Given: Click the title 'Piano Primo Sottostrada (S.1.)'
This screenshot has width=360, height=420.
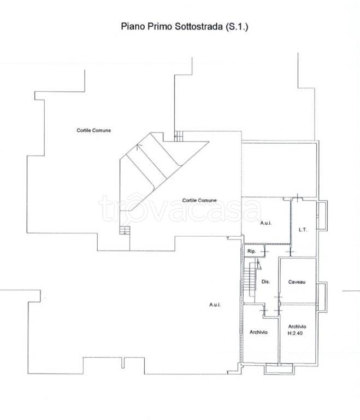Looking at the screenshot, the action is pyautogui.click(x=185, y=26).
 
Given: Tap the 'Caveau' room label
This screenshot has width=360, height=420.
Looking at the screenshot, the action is pyautogui.click(x=297, y=282).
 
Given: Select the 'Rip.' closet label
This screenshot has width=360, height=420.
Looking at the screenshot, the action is pyautogui.click(x=252, y=251).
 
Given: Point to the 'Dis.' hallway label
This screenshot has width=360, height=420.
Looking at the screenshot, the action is pyautogui.click(x=265, y=282).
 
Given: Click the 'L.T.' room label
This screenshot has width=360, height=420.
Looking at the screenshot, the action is pyautogui.click(x=303, y=230).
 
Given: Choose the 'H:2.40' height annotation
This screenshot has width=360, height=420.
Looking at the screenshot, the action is pyautogui.click(x=295, y=333).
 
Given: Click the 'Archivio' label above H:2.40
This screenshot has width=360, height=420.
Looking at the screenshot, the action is pyautogui.click(x=297, y=326).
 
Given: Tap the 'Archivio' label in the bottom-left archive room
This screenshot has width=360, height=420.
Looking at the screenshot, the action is pyautogui.click(x=258, y=332).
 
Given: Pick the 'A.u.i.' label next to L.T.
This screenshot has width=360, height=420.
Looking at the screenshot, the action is pyautogui.click(x=266, y=223).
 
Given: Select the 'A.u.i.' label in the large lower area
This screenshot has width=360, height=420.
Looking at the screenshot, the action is pyautogui.click(x=215, y=305).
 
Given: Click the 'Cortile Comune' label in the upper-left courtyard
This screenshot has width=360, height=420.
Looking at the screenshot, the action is pyautogui.click(x=93, y=130).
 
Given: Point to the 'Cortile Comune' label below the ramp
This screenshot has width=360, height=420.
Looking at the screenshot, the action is pyautogui.click(x=199, y=200).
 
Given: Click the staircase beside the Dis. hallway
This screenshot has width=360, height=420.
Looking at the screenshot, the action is pyautogui.click(x=249, y=279).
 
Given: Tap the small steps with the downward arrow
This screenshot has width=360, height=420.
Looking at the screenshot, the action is pyautogui.click(x=125, y=230).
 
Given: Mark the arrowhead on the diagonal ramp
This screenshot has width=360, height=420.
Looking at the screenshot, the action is pyautogui.click(x=138, y=146).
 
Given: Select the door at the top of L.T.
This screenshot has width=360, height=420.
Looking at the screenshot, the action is pyautogui.click(x=297, y=198).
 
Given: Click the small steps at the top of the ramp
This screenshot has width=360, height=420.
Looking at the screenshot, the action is pyautogui.click(x=179, y=136).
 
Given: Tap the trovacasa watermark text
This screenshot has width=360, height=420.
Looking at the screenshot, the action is pyautogui.click(x=180, y=209).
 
